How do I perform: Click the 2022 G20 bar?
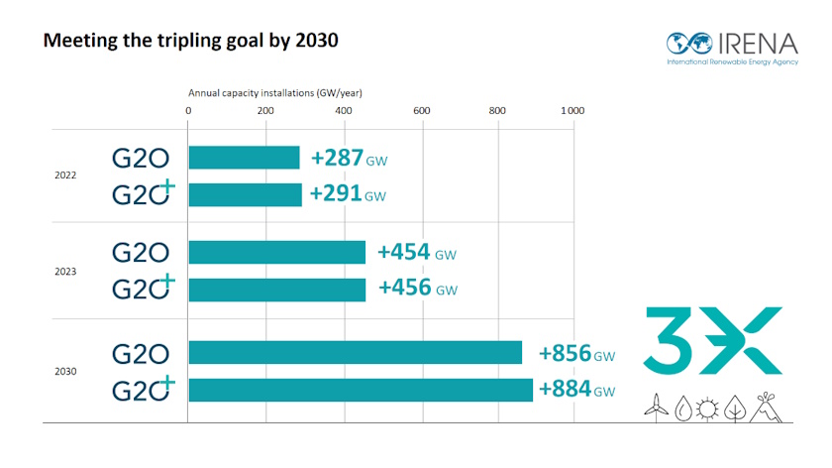(x=244, y=158)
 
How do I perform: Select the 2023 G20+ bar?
(x=276, y=290)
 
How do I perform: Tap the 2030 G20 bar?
(x=355, y=353)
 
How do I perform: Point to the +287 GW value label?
(x=348, y=159)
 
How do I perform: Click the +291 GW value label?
(x=348, y=194)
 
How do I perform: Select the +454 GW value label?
(x=416, y=253)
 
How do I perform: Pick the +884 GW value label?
(x=576, y=390)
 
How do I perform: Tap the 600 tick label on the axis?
(x=421, y=110)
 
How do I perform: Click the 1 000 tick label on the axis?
(x=572, y=110)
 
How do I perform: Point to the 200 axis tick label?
(x=265, y=110)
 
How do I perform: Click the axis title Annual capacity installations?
(x=275, y=92)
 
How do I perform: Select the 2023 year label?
(x=65, y=271)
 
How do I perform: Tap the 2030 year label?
(x=65, y=371)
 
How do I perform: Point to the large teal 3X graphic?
(x=713, y=340)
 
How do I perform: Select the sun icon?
(x=707, y=406)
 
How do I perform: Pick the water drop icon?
(x=681, y=406)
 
